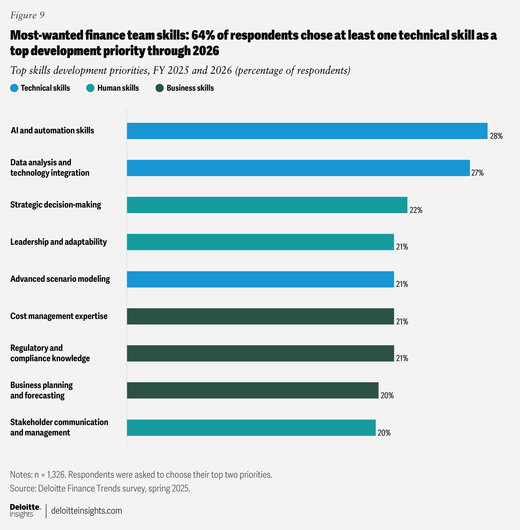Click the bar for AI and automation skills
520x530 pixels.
coord(307,131)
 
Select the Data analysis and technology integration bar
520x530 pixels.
coord(298,168)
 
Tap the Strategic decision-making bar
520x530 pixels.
coord(267,205)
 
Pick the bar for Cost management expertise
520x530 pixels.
coord(260,316)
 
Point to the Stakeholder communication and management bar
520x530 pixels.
coord(251,428)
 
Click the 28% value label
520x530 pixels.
coord(496,136)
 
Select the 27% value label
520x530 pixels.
coord(477,173)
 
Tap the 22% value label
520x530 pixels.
coord(416,210)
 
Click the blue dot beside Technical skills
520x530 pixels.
coord(14,88)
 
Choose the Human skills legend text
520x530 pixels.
coord(118,88)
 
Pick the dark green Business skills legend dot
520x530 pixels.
coord(159,88)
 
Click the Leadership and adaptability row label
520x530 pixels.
coord(58,242)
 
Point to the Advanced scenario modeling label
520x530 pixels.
coord(60,279)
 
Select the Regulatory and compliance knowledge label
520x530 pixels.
coord(50,353)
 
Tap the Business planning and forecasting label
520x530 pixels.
coord(42,390)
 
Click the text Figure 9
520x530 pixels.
coord(27,15)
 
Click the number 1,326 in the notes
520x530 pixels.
coord(56,475)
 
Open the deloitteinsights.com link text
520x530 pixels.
coord(86,511)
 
